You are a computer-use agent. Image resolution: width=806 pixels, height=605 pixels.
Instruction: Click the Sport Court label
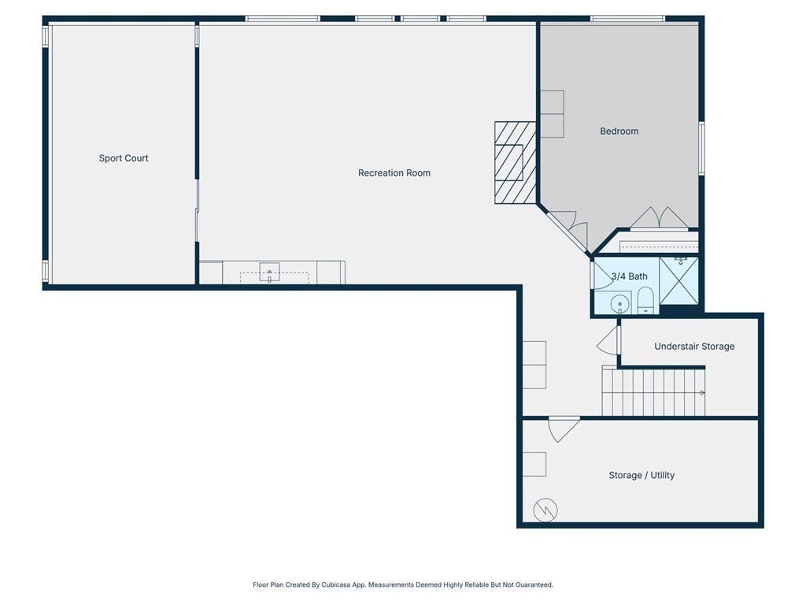(x=124, y=158)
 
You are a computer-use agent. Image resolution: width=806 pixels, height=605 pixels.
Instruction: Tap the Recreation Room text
(x=394, y=173)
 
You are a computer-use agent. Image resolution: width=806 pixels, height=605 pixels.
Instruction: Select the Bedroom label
(x=619, y=132)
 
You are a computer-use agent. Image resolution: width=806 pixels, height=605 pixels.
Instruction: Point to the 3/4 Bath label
(x=629, y=277)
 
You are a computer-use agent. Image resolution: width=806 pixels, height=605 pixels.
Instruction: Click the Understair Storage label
(x=694, y=347)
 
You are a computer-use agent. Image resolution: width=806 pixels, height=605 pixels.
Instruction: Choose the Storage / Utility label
(x=641, y=475)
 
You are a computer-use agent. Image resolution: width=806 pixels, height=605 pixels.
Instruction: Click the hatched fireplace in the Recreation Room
(x=515, y=162)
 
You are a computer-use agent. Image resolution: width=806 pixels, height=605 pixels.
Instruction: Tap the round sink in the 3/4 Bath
(x=620, y=303)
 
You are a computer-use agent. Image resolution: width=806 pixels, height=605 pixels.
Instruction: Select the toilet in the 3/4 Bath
(x=645, y=300)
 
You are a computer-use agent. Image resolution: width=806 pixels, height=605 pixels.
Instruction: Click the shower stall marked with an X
(x=679, y=280)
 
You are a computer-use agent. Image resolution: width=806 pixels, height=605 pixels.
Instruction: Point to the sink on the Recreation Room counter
(x=269, y=272)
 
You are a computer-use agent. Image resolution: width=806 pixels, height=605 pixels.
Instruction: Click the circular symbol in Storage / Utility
(x=545, y=510)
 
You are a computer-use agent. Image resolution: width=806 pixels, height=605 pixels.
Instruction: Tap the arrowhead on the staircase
(x=702, y=392)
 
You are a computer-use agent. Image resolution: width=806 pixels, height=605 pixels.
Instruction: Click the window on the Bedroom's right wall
(x=701, y=148)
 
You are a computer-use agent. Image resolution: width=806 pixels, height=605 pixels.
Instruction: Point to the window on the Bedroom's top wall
(x=627, y=19)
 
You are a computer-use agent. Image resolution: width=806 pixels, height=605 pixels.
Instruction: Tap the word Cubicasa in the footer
(x=337, y=585)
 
